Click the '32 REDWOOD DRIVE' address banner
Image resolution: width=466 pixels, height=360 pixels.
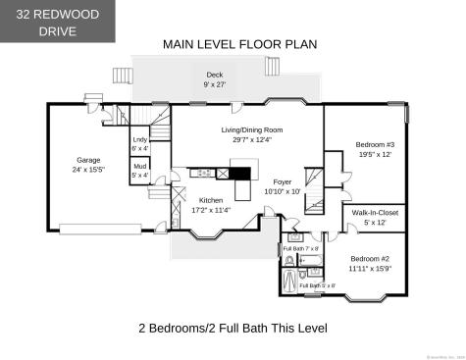pyautogui.click(x=58, y=21)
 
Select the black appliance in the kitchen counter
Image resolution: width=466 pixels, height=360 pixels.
pyautogui.click(x=223, y=174)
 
